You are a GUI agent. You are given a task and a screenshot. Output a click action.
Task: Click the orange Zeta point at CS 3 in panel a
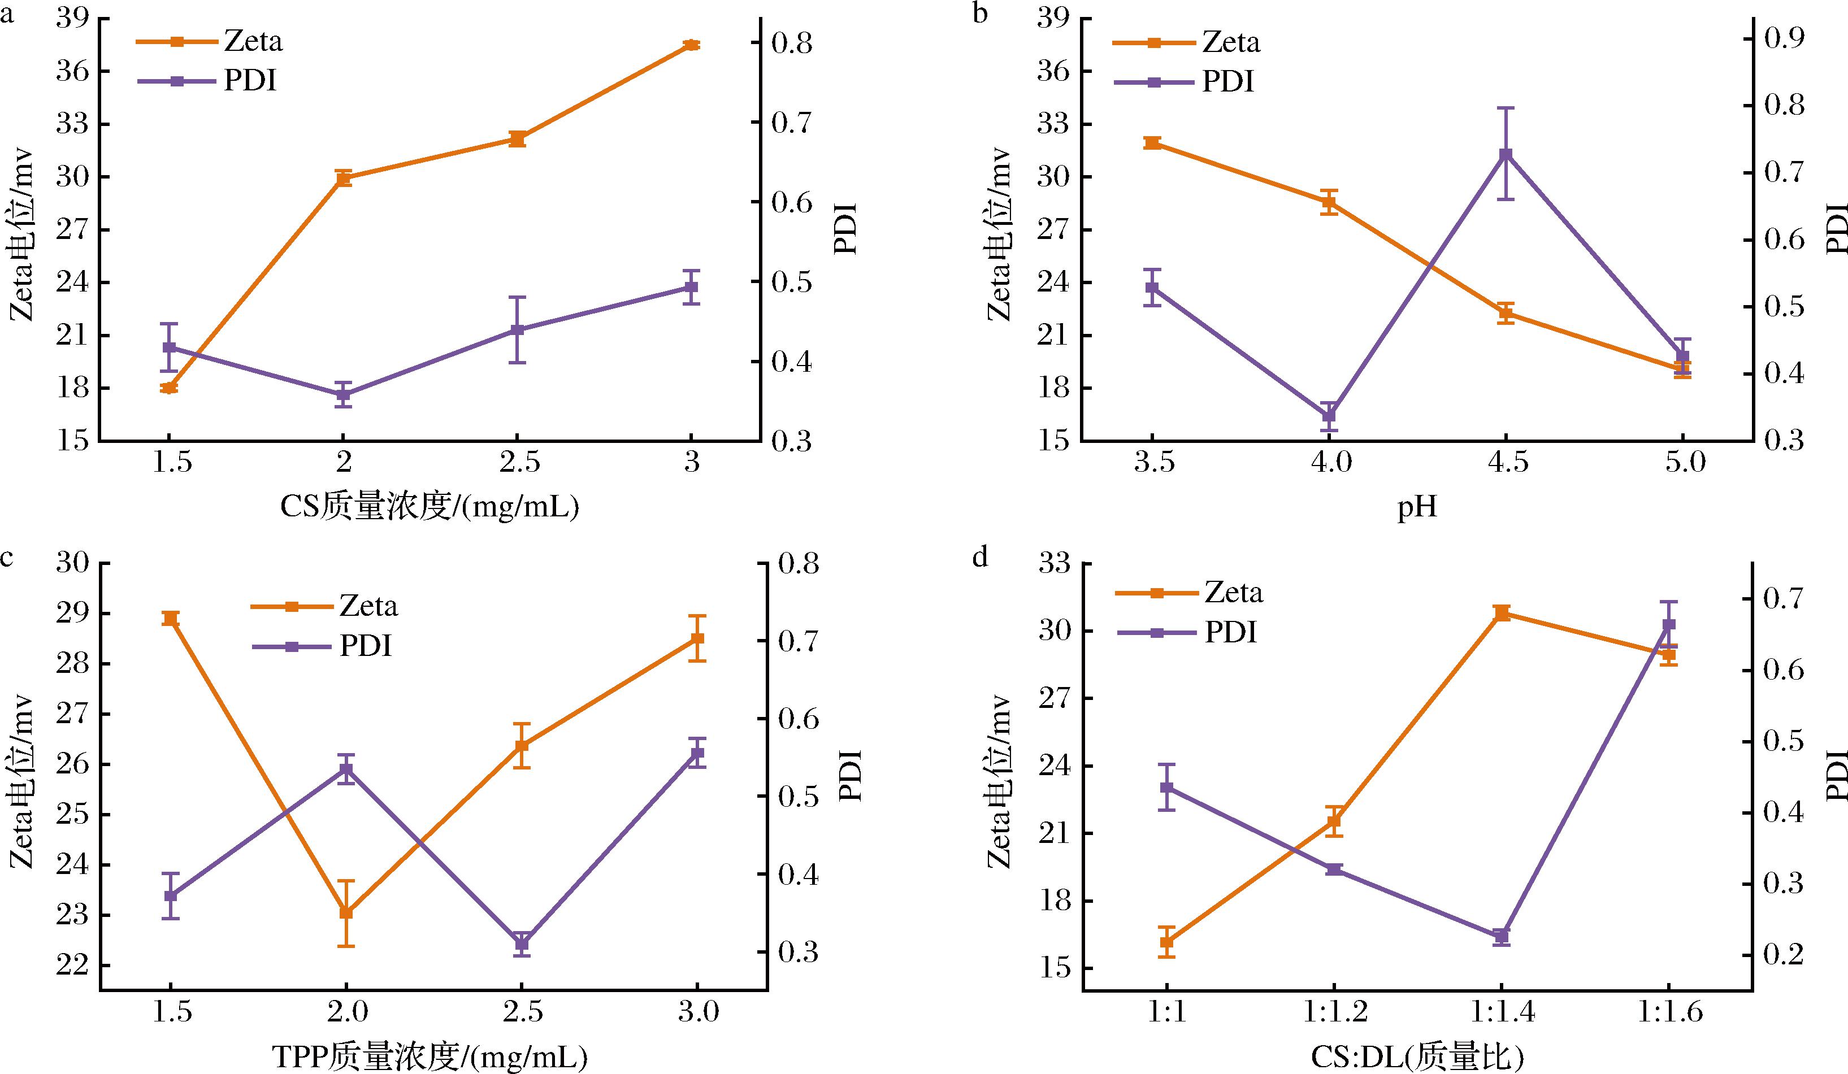coord(690,45)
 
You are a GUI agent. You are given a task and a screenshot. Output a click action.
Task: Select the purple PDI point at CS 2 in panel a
coord(342,394)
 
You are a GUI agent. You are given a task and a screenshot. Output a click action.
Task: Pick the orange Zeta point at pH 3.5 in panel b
coord(1152,143)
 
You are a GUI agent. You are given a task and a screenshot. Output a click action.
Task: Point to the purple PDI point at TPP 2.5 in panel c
coord(522,943)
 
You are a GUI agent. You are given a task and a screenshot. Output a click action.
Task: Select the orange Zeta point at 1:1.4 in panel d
coord(1501,614)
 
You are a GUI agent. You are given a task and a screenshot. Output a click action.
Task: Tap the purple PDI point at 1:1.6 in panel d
coord(1669,625)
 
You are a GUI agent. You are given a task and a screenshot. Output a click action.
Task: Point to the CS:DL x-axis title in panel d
coord(1415,1057)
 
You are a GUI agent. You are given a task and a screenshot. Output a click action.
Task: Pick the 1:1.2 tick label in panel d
coord(1335,1012)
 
